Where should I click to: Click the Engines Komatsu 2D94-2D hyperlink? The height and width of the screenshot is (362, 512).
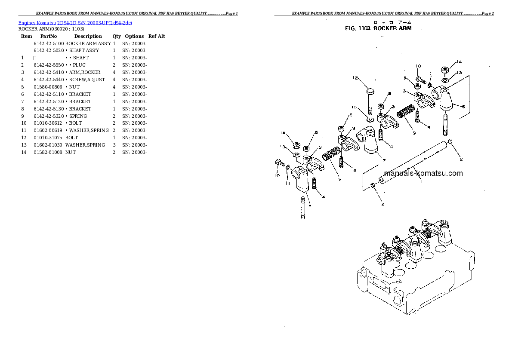[x=75, y=22]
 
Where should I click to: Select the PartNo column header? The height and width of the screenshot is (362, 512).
[x=48, y=36]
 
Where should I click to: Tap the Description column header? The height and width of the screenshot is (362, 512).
[x=88, y=36]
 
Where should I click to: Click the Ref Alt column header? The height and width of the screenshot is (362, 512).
[x=156, y=36]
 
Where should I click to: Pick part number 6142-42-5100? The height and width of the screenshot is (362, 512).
[x=48, y=43]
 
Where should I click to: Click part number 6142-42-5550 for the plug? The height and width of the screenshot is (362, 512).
[x=48, y=65]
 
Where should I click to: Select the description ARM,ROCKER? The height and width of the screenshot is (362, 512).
[x=84, y=72]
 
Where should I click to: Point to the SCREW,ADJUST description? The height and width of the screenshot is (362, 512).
[x=86, y=80]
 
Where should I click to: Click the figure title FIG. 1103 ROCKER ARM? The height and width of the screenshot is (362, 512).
[x=378, y=28]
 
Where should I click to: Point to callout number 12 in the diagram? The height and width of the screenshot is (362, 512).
[x=355, y=78]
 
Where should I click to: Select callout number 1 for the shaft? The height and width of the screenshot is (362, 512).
[x=421, y=181]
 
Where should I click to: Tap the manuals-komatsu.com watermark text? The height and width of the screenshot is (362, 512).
[x=423, y=173]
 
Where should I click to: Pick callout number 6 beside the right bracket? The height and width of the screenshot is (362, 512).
[x=463, y=106]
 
